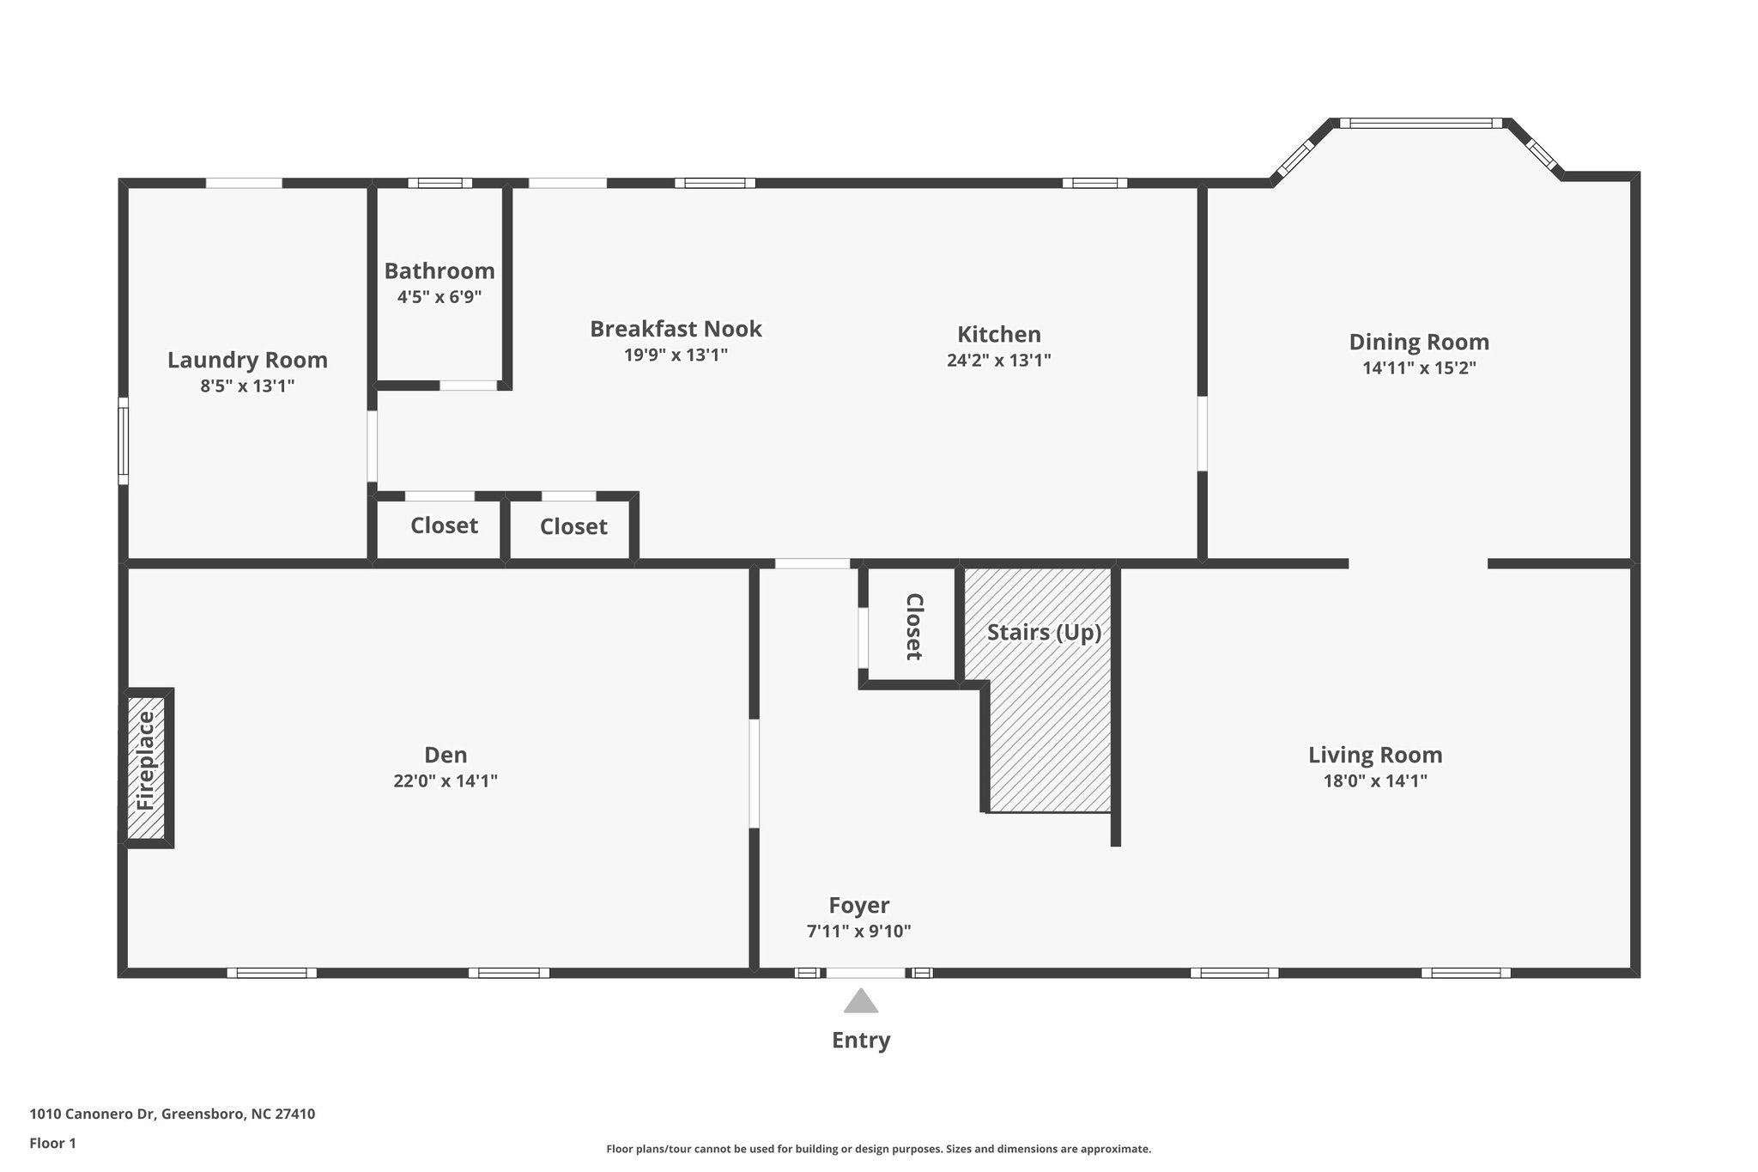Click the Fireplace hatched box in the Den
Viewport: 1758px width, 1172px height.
(146, 767)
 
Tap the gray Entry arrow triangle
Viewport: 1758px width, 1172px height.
(860, 1002)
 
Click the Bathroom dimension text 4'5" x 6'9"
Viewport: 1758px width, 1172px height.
(439, 297)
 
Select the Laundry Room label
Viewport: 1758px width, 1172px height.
(247, 360)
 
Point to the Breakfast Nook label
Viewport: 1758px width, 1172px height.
(676, 329)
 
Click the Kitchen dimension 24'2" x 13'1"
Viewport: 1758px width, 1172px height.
(998, 360)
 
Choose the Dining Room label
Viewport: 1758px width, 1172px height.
(1419, 342)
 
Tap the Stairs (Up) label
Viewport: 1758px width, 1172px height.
(1044, 633)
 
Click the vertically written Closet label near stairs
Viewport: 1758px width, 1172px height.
(913, 627)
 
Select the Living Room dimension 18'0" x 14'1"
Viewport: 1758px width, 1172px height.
(1375, 780)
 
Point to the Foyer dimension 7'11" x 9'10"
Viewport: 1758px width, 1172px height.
(858, 931)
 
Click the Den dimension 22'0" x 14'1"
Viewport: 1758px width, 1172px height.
(446, 780)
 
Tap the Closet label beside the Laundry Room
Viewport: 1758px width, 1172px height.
(444, 525)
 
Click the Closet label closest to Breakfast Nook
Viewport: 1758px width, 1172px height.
(573, 526)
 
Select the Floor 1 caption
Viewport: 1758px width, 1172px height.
(52, 1143)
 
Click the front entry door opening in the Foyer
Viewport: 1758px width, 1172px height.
(865, 973)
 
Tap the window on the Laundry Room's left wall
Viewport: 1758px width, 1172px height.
(124, 440)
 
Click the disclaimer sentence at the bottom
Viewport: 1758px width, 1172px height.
(878, 1149)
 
